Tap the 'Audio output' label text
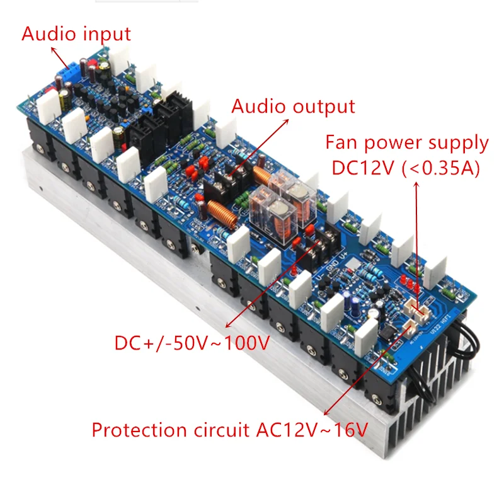point(293,106)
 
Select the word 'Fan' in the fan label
point(340,143)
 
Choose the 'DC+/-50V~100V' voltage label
point(192,343)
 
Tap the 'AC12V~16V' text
point(312,430)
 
